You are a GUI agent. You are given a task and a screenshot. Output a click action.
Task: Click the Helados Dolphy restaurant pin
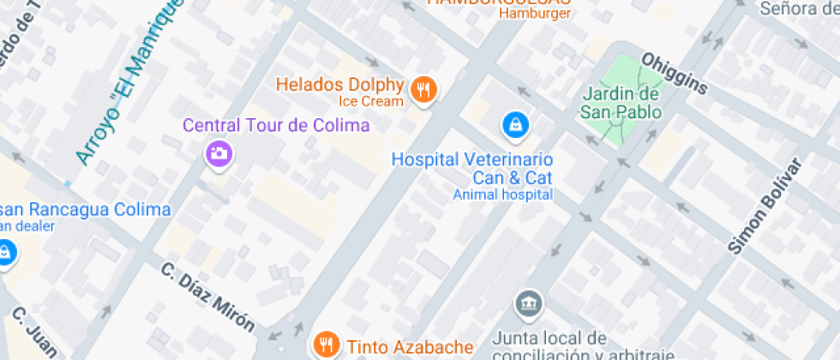coord(423,89)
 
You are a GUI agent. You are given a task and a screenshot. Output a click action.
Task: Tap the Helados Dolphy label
coord(339,85)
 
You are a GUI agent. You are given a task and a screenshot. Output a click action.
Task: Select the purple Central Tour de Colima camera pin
coord(219,153)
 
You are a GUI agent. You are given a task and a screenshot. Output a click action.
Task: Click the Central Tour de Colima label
coord(276,126)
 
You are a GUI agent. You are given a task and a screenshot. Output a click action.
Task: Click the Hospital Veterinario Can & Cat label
coord(471,169)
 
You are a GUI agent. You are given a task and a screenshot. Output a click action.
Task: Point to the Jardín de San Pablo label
coord(621,103)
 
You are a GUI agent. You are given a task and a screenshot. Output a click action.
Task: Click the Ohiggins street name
coord(675,74)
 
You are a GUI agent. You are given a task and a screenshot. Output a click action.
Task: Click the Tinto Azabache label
coord(410,347)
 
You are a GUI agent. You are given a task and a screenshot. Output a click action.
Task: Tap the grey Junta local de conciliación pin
coord(528,303)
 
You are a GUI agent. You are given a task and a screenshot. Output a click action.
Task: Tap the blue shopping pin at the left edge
coord(5,253)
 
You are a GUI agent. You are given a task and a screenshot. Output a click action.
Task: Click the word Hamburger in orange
coord(535,13)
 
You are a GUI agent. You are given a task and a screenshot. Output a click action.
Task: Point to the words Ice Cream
coord(370,101)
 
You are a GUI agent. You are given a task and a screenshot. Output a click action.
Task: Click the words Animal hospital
coord(502,195)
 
